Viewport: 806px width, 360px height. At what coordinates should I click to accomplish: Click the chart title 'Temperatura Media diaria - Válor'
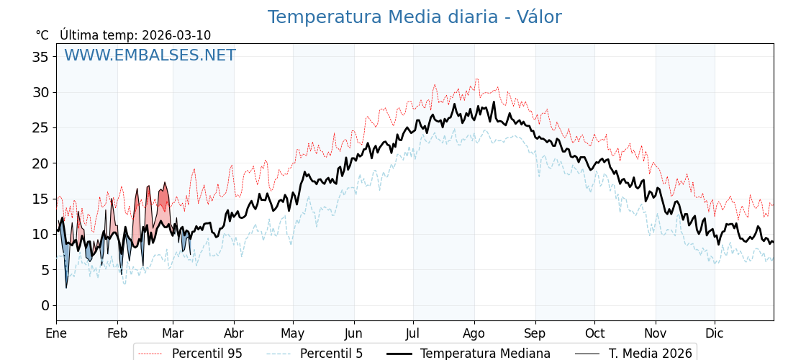coord(415,17)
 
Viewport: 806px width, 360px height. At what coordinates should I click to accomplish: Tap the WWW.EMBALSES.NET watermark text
coord(150,55)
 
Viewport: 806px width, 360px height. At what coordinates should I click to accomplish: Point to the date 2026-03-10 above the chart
coord(176,35)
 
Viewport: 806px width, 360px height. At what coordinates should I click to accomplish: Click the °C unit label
coord(42,35)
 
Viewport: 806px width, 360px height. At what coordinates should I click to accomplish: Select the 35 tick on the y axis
coord(40,56)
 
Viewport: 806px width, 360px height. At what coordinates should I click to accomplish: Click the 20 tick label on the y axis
coord(40,163)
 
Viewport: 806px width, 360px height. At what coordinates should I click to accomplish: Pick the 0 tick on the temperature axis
coord(45,305)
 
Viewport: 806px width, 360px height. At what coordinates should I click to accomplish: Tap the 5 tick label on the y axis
coord(45,270)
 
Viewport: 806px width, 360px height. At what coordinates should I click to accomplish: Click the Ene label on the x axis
coord(56,333)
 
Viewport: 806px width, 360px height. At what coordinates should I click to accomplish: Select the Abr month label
coord(234,333)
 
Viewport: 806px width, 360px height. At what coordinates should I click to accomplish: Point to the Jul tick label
coord(413,333)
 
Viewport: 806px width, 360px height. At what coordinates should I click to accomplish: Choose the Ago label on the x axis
coord(474,333)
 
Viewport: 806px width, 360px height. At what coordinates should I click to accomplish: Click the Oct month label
coord(594,333)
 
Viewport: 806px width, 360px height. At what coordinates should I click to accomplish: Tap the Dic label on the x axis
coord(715,333)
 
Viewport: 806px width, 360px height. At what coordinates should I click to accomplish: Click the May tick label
coord(293,333)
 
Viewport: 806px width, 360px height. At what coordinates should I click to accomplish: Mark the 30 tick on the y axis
coord(40,92)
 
